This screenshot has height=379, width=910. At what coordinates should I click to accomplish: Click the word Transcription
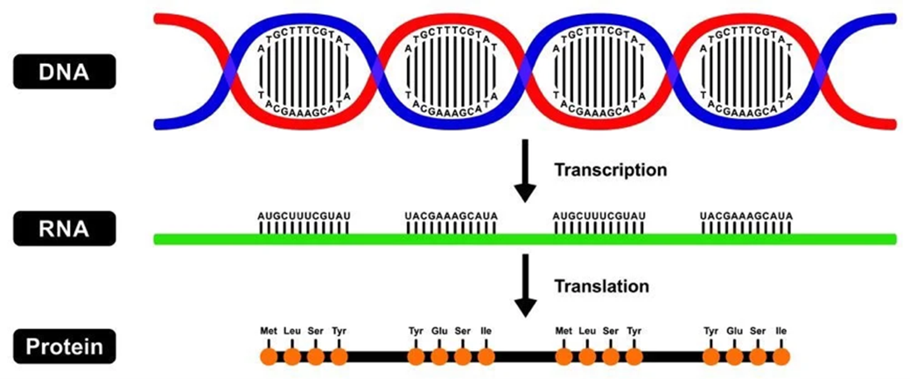pyautogui.click(x=610, y=170)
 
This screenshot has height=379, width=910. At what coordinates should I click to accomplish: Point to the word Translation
pyautogui.click(x=601, y=286)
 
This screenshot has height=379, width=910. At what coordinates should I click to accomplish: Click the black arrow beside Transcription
pyautogui.click(x=524, y=171)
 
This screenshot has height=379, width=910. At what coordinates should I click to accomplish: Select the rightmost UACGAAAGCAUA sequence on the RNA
pyautogui.click(x=745, y=216)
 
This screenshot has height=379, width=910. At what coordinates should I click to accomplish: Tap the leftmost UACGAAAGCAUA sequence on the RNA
pyautogui.click(x=451, y=216)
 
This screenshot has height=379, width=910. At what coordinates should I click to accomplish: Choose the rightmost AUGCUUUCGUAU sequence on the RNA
pyautogui.click(x=598, y=216)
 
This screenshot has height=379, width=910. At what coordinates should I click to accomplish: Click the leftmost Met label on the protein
pyautogui.click(x=268, y=331)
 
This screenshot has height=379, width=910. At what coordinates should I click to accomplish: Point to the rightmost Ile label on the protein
pyautogui.click(x=780, y=331)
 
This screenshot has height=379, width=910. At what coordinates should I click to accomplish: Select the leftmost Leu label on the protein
pyautogui.click(x=292, y=331)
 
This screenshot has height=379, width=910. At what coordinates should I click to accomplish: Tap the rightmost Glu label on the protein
pyautogui.click(x=734, y=331)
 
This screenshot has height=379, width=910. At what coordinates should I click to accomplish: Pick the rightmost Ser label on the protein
pyautogui.click(x=757, y=331)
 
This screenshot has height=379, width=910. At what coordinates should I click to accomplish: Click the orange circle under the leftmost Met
pyautogui.click(x=268, y=357)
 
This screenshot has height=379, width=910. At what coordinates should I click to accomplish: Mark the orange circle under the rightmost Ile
pyautogui.click(x=780, y=357)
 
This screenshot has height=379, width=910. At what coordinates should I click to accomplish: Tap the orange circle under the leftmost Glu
pyautogui.click(x=440, y=357)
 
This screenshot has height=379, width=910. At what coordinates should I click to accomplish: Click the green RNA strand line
pyautogui.click(x=524, y=239)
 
